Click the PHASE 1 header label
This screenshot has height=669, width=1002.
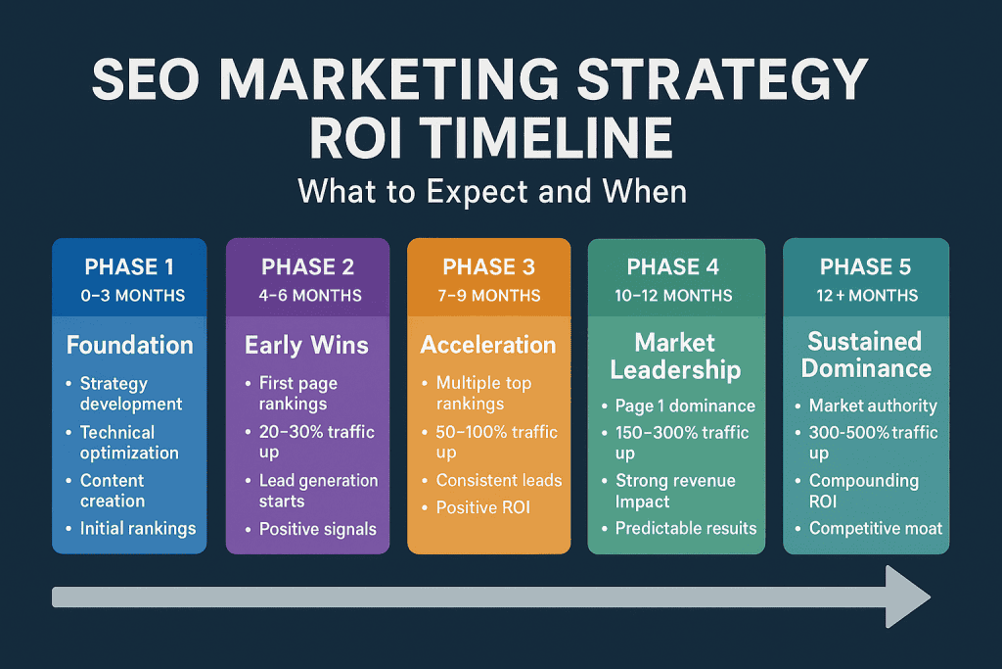pyautogui.click(x=129, y=267)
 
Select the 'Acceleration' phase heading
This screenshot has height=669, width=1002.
pyautogui.click(x=488, y=345)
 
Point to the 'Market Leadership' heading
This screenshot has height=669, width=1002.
pyautogui.click(x=675, y=356)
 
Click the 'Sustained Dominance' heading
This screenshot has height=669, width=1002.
pyautogui.click(x=865, y=355)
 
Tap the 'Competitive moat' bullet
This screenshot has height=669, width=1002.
pyautogui.click(x=875, y=528)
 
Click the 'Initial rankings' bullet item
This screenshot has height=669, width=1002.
pyautogui.click(x=137, y=528)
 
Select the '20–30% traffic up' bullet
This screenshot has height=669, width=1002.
pyautogui.click(x=316, y=443)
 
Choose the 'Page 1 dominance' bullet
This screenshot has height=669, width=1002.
pyautogui.click(x=685, y=406)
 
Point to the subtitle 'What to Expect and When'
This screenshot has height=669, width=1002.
pyautogui.click(x=492, y=190)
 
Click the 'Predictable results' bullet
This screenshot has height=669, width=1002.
pyautogui.click(x=685, y=528)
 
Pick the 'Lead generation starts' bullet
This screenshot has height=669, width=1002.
pyautogui.click(x=317, y=491)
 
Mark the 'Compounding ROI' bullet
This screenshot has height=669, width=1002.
pyautogui.click(x=863, y=491)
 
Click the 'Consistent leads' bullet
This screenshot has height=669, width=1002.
pyautogui.click(x=498, y=480)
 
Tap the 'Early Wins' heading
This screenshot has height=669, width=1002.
pyautogui.click(x=306, y=345)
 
